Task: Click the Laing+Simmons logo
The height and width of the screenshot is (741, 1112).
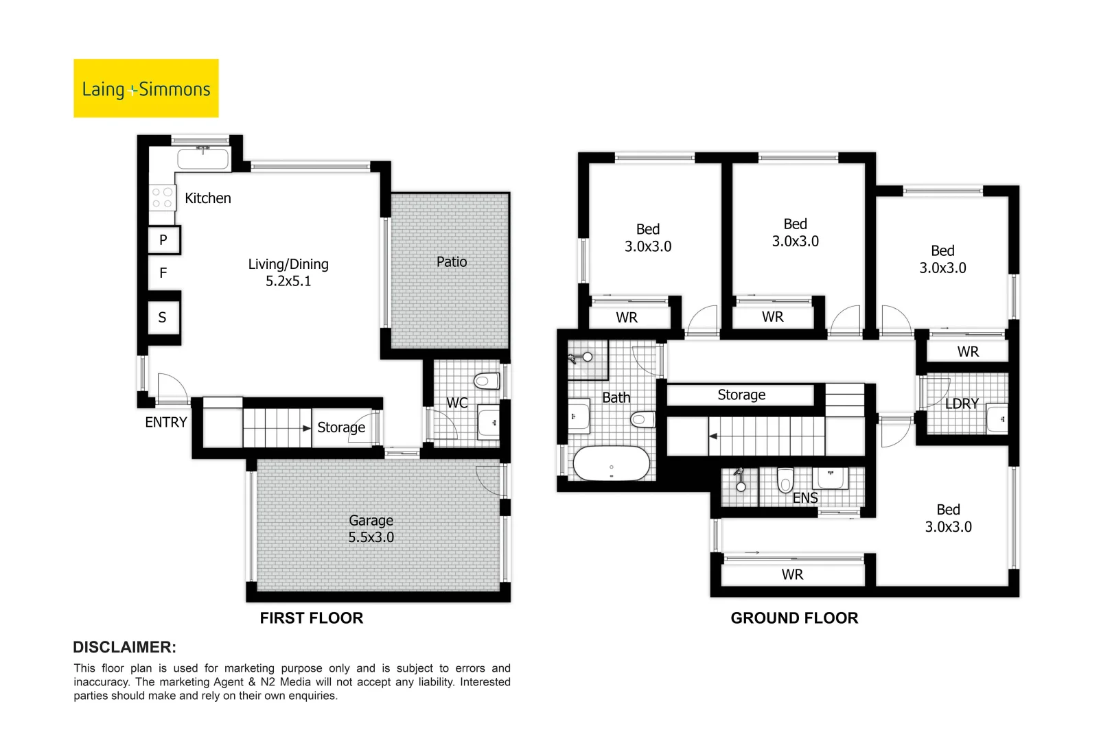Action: point(146,89)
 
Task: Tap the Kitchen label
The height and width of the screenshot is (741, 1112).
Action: point(207,198)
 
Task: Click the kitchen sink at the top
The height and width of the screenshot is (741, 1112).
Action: point(202,159)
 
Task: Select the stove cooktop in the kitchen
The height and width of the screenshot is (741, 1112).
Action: point(162,198)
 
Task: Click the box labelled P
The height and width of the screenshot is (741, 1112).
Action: point(163,239)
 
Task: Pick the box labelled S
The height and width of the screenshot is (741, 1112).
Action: point(163,317)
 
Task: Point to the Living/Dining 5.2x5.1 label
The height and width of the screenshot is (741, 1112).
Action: point(288,272)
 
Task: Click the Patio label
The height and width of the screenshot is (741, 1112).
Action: point(451,261)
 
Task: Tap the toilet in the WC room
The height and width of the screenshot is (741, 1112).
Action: point(487,381)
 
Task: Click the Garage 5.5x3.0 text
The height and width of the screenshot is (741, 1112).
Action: point(371,529)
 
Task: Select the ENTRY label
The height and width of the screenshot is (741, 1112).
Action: point(165,422)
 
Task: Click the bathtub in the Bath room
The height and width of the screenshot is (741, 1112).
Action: point(611,464)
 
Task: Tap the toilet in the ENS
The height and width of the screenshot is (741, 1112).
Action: point(785,479)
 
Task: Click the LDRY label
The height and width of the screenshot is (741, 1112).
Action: point(961,403)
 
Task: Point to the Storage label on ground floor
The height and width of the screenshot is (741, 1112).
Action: point(741,395)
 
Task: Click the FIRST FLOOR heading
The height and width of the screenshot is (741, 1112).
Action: point(311,618)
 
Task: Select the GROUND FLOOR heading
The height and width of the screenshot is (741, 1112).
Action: point(794,618)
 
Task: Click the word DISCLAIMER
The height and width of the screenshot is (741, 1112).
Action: point(124,647)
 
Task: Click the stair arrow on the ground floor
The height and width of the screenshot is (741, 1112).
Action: point(715,436)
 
